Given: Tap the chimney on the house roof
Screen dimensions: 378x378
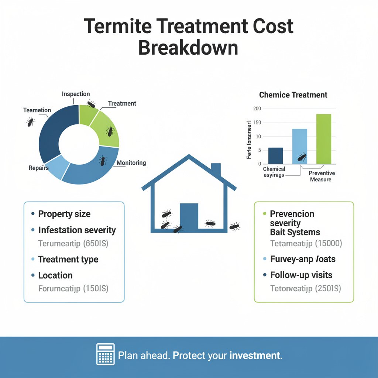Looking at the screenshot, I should pyautogui.click(x=216, y=170).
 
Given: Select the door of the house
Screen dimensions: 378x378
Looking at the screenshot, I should pyautogui.click(x=189, y=216).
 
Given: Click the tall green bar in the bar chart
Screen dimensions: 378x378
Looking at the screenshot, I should pyautogui.click(x=324, y=139).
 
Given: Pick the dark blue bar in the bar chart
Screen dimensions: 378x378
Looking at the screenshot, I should pyautogui.click(x=275, y=155).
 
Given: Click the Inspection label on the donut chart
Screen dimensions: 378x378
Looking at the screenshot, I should pyautogui.click(x=76, y=94).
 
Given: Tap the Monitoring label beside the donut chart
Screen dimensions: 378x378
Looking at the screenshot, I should pyautogui.click(x=131, y=163).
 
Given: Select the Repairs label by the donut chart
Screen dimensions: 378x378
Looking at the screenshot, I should pyautogui.click(x=39, y=168).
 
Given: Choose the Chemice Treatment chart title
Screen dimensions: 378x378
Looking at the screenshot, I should pyautogui.click(x=293, y=95).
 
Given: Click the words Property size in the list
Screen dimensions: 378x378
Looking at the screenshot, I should pyautogui.click(x=64, y=214).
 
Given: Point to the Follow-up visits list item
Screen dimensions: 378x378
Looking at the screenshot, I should pyautogui.click(x=301, y=275).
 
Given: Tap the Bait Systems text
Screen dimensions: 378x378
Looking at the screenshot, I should pyautogui.click(x=295, y=232).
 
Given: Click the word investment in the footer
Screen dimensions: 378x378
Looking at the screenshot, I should pyautogui.click(x=255, y=356).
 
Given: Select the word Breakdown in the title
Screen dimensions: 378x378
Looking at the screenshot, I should pyautogui.click(x=188, y=48).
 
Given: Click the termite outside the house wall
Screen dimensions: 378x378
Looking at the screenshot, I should pyautogui.click(x=234, y=226).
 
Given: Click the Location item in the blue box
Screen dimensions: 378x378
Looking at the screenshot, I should pyautogui.click(x=55, y=275).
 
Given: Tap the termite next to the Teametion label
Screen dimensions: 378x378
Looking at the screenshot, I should pyautogui.click(x=31, y=122).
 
